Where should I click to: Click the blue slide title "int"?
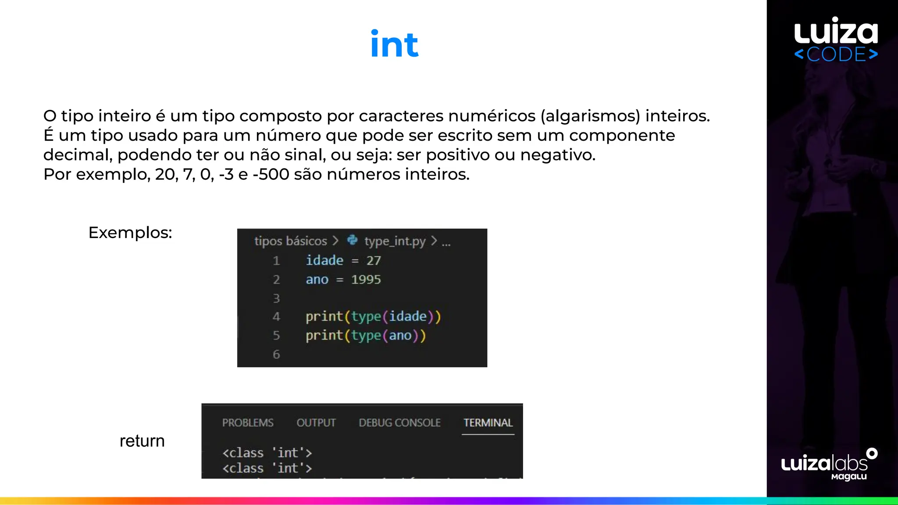pos(394,44)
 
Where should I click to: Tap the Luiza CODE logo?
pos(836,39)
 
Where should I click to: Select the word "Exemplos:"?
pos(130,233)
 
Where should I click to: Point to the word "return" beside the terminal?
pos(142,441)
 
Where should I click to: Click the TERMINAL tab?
pos(488,423)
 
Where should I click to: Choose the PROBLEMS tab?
pos(248,423)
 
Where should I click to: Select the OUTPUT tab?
pos(316,423)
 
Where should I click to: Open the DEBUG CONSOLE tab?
pos(399,423)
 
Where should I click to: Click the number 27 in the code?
pos(374,260)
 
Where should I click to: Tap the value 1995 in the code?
pos(366,280)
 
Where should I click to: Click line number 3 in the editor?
pos(276,299)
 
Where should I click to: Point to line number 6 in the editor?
pos(276,354)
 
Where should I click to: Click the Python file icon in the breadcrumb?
pos(352,240)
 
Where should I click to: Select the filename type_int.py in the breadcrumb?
pos(395,241)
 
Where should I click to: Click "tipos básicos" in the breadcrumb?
pos(290,241)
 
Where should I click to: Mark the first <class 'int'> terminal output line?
pos(267,452)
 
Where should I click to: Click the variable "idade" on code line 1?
pos(324,260)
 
